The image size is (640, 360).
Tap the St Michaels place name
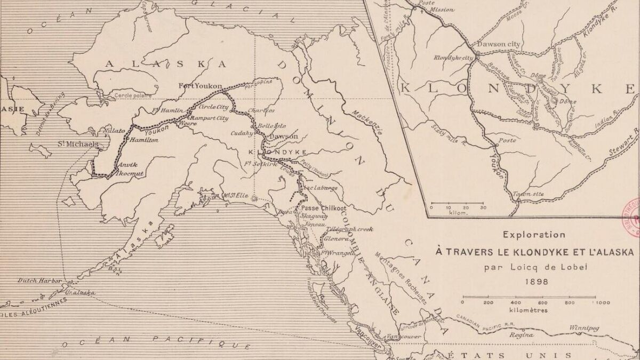pyautogui.click(x=79, y=144)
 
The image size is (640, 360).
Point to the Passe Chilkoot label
pyautogui.click(x=324, y=208)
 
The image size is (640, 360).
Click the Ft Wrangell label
pyautogui.click(x=338, y=253)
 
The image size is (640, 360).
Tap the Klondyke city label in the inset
pyautogui.click(x=454, y=57)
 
